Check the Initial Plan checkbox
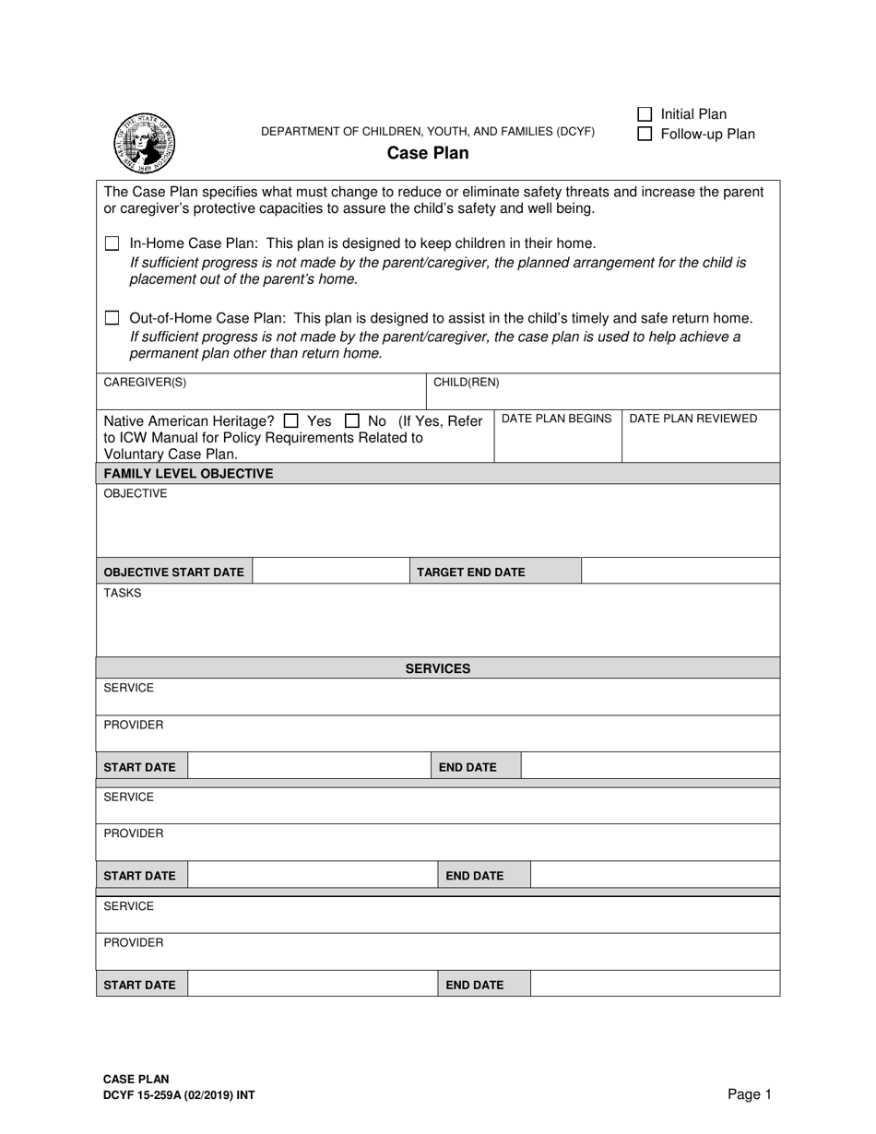click(x=645, y=114)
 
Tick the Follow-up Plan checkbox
click(x=645, y=135)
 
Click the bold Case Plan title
click(x=427, y=153)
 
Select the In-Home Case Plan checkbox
click(x=112, y=244)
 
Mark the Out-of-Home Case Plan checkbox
click(x=112, y=318)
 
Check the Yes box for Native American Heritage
click(x=291, y=420)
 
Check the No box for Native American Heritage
click(x=351, y=420)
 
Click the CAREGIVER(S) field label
click(x=145, y=383)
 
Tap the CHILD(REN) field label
click(x=466, y=383)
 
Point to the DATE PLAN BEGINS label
click(x=556, y=419)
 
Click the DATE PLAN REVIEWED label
click(x=693, y=419)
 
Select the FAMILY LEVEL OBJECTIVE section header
click(x=188, y=473)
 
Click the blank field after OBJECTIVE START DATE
click(x=330, y=572)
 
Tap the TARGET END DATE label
click(x=470, y=572)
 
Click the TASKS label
click(x=123, y=593)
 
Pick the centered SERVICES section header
click(x=438, y=668)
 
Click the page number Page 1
click(x=749, y=1094)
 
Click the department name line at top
click(x=428, y=132)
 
